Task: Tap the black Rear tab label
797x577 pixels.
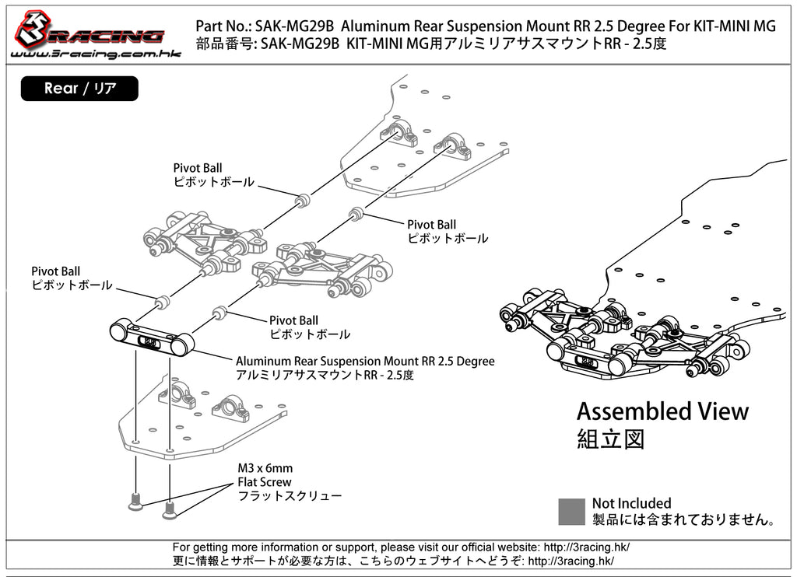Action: coord(79,89)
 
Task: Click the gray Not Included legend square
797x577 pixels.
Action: coord(572,511)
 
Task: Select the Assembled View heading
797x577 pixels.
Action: coord(662,411)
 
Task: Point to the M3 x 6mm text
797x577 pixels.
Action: coord(265,468)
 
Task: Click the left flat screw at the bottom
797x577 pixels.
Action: coord(135,503)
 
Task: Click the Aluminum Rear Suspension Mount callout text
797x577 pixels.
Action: coord(364,362)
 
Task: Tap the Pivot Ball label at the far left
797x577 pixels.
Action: coord(55,271)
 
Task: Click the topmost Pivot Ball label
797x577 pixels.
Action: coord(197,168)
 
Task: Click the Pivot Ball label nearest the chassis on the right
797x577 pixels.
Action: coord(431,225)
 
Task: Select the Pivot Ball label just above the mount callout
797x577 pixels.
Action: coord(293,320)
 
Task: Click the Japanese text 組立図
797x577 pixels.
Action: coord(610,439)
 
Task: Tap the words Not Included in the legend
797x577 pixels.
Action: coord(631,503)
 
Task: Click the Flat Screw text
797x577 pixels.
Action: coord(265,482)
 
